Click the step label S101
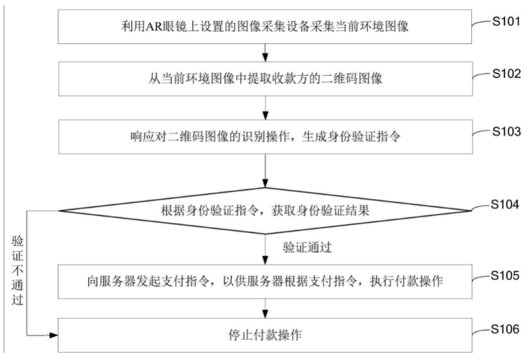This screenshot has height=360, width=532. (506, 22)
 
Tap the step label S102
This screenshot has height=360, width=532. (506, 74)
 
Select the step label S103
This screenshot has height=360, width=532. (506, 131)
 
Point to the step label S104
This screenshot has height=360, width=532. (505, 204)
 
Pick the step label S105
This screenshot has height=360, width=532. (505, 276)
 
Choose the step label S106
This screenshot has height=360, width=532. (505, 329)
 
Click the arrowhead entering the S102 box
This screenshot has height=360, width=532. (266, 58)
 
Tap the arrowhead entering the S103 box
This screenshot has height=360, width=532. (266, 115)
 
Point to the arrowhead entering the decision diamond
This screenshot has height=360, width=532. (266, 183)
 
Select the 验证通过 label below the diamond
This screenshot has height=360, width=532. (307, 247)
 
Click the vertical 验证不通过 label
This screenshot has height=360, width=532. (17, 270)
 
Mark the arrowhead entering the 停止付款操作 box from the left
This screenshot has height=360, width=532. (53, 335)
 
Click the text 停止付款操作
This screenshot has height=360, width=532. (265, 335)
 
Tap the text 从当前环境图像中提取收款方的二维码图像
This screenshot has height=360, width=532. (266, 79)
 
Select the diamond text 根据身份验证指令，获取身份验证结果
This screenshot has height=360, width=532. (266, 211)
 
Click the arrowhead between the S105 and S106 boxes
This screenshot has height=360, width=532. (266, 314)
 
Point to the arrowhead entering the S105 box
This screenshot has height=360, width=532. (266, 260)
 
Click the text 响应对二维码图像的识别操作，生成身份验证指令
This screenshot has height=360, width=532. (266, 136)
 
